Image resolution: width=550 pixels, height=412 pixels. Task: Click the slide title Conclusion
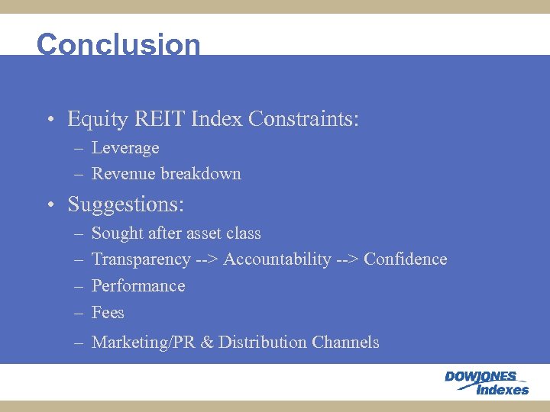point(118,44)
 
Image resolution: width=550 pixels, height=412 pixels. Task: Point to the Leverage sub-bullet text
point(125,148)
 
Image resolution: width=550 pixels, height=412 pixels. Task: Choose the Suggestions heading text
point(125,205)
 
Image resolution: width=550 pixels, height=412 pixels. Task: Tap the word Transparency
point(141,260)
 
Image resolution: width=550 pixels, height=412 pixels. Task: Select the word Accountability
point(277,259)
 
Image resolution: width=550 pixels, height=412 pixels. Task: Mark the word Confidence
point(405,259)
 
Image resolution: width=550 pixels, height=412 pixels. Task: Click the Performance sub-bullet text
point(138,286)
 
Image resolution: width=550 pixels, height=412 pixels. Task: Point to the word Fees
point(108,313)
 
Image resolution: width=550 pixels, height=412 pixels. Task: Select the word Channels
point(345,343)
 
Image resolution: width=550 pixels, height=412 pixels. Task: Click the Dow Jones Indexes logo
point(487,383)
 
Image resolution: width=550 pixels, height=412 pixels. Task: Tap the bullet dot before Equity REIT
point(48,121)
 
